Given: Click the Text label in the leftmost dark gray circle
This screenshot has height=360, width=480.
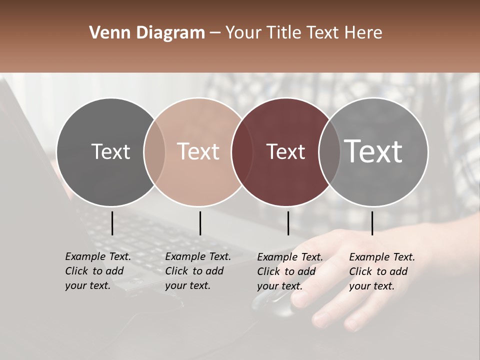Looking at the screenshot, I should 110,151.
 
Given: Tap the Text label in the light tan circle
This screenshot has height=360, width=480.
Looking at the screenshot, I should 198,151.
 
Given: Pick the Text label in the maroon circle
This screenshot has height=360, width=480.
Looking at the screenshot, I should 285,151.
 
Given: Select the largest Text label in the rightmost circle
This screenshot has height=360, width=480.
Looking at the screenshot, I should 373,151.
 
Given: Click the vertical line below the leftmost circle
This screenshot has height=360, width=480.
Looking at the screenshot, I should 112,223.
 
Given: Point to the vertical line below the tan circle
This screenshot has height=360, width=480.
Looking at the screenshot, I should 200,223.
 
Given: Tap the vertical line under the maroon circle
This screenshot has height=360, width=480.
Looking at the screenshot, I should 288,223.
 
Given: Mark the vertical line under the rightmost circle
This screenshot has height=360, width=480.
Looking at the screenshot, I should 372,223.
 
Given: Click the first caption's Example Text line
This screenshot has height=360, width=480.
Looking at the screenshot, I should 98,256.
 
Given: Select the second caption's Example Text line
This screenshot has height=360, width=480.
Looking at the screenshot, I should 198,256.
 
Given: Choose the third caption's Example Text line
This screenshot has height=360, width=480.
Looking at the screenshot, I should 290,257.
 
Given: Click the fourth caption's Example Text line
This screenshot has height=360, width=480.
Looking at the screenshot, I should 382,257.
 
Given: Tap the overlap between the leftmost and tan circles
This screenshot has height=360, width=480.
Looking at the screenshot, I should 154,151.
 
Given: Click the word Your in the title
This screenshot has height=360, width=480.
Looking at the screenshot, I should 243,33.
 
